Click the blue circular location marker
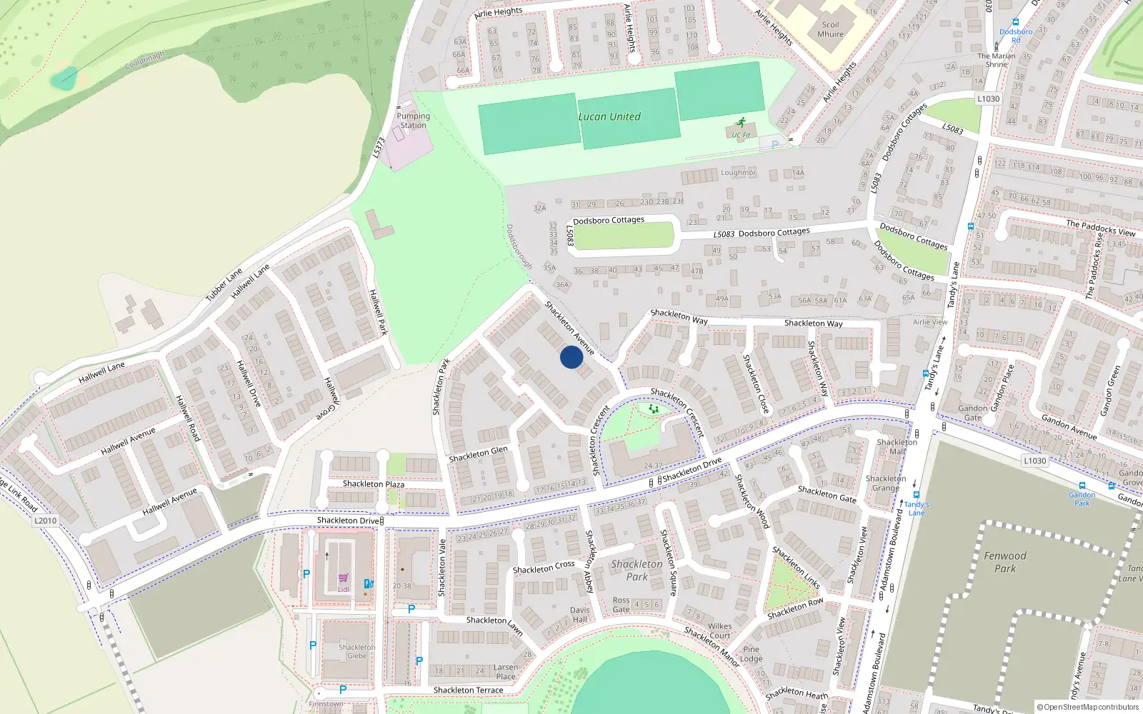click(571, 357)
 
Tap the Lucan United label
click(609, 116)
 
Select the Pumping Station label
click(413, 121)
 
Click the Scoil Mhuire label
click(830, 29)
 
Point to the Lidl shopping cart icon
click(344, 578)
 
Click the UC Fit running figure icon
click(741, 122)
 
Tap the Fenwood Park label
click(1004, 562)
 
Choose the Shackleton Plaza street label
click(373, 484)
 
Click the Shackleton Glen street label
click(478, 454)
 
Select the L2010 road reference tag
click(45, 521)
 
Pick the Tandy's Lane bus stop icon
click(916, 495)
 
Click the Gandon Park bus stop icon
click(1082, 486)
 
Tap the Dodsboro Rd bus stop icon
click(1016, 22)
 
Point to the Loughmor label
click(738, 173)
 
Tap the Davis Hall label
click(579, 615)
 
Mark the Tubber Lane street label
click(224, 284)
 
